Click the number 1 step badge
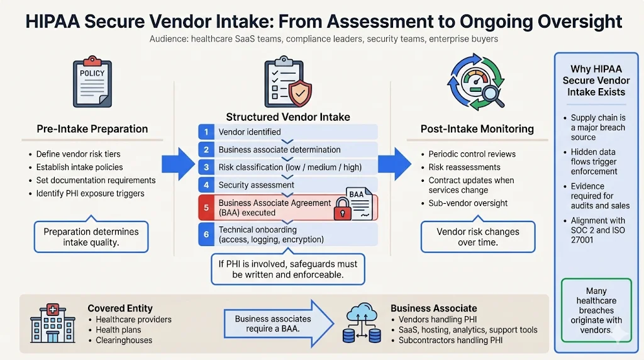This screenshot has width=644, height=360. pos(205,132)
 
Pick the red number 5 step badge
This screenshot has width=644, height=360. pos(205,207)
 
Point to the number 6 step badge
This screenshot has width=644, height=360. pos(205,234)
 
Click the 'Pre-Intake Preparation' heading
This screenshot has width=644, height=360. pos(92,129)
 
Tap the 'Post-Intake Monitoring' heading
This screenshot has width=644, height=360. pos(477,129)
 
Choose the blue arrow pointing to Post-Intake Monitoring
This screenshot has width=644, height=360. pos(395,164)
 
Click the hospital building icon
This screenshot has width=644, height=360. pos(48,325)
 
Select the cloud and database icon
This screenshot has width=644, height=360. pos(362,325)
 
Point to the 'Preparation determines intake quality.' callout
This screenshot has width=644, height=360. pos(92,237)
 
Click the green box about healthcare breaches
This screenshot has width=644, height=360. pos(596,311)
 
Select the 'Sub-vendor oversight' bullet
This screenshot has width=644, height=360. pos(468,203)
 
